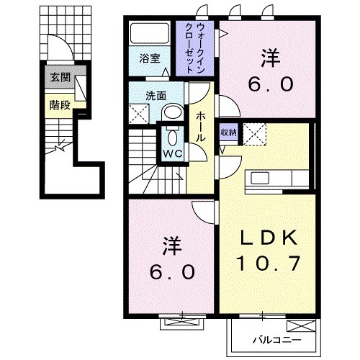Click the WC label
171,153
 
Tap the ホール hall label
200,130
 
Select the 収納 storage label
229,132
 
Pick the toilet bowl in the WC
171,137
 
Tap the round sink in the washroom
171,111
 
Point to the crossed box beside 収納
253,133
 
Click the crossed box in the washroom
139,112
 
